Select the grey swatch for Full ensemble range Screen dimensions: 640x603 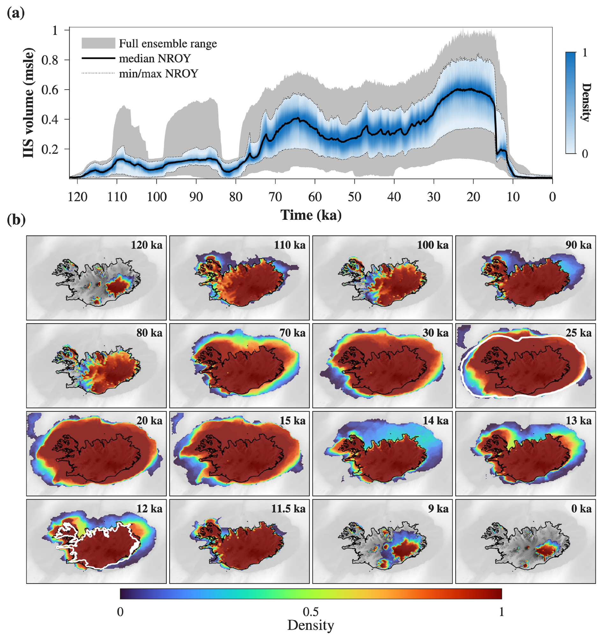[x=98, y=43]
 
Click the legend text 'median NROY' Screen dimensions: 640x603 [x=155, y=58]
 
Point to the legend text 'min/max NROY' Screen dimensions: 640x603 [x=158, y=73]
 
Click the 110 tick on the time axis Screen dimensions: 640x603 [x=117, y=196]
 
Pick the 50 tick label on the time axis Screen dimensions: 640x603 [x=354, y=196]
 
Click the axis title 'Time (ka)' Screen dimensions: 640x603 [x=311, y=215]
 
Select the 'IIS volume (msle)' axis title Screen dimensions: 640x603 [x=29, y=103]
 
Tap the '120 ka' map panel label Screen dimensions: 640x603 [x=146, y=245]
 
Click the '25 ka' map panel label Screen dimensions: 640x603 [x=578, y=333]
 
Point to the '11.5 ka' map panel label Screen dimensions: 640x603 [x=288, y=509]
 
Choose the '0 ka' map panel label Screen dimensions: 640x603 [x=581, y=509]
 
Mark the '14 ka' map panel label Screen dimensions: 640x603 [x=435, y=421]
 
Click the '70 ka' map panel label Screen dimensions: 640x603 [x=293, y=333]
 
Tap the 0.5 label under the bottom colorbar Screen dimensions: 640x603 [x=311, y=612]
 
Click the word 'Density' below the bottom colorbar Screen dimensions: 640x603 [x=310, y=625]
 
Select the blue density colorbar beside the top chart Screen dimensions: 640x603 [x=570, y=103]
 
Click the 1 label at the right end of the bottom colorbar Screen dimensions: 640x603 [x=501, y=612]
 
